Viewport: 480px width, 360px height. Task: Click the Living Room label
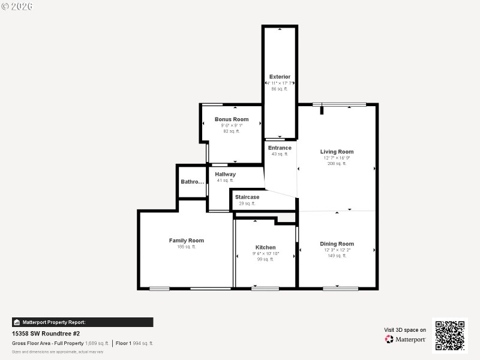[x=337, y=152]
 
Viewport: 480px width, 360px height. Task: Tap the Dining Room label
[x=337, y=244]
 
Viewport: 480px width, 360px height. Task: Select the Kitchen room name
[x=266, y=247]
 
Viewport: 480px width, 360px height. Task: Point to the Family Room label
[x=186, y=241]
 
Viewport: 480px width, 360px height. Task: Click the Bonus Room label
[x=232, y=119]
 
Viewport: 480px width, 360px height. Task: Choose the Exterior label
[x=280, y=77]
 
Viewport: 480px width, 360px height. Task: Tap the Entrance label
[x=280, y=148]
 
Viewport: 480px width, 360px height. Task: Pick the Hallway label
[x=225, y=175]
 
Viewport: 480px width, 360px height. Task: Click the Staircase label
[x=247, y=197]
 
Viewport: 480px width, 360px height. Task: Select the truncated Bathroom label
[x=193, y=182]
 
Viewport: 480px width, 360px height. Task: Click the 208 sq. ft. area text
[x=337, y=163]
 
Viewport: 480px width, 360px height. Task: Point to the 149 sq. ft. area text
[x=337, y=256]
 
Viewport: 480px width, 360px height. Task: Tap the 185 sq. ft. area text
[x=186, y=247]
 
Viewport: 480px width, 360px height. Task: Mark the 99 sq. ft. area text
[x=266, y=259]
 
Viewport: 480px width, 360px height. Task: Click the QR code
[x=450, y=335]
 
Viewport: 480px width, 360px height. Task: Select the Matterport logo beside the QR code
[x=406, y=340]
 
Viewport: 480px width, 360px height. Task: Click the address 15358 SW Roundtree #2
[x=46, y=334]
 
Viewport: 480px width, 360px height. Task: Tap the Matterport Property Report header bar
[x=82, y=322]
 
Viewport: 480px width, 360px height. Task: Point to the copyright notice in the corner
[x=17, y=6]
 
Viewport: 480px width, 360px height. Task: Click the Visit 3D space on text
[x=405, y=330]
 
